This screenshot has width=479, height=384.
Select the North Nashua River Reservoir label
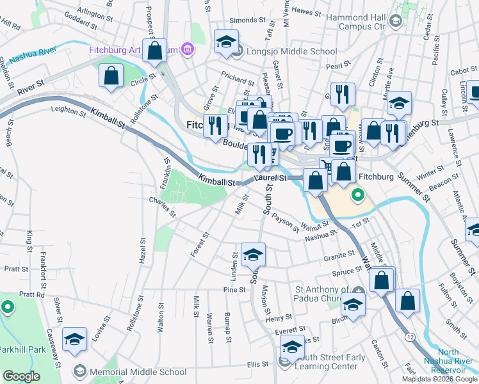point(457,361)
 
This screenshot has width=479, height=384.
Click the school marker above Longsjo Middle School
point(225,42)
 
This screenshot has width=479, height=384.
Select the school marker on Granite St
point(254,255)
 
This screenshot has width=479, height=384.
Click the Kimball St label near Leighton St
point(107,120)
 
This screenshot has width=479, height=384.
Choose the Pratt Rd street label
point(31,295)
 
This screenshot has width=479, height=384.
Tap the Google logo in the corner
point(22,376)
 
